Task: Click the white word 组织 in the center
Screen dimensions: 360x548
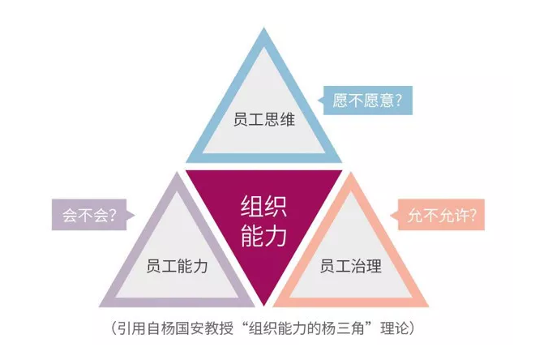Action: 260,204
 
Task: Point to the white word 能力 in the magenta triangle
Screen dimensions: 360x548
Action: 260,236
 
